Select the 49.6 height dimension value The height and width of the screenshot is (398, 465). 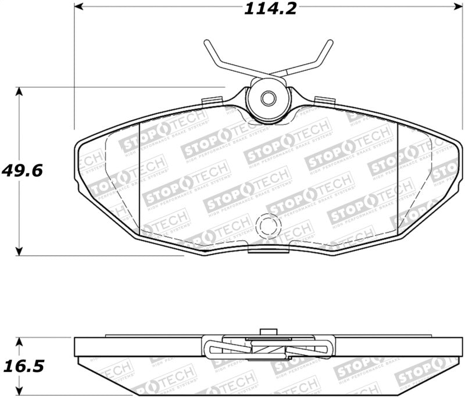[x=22, y=171]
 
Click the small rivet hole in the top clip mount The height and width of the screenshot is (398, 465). [x=267, y=98]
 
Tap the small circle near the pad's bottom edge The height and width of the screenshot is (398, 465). [x=269, y=225]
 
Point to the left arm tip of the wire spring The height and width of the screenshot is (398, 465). [x=206, y=44]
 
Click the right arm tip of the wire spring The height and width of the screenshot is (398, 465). [x=330, y=44]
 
